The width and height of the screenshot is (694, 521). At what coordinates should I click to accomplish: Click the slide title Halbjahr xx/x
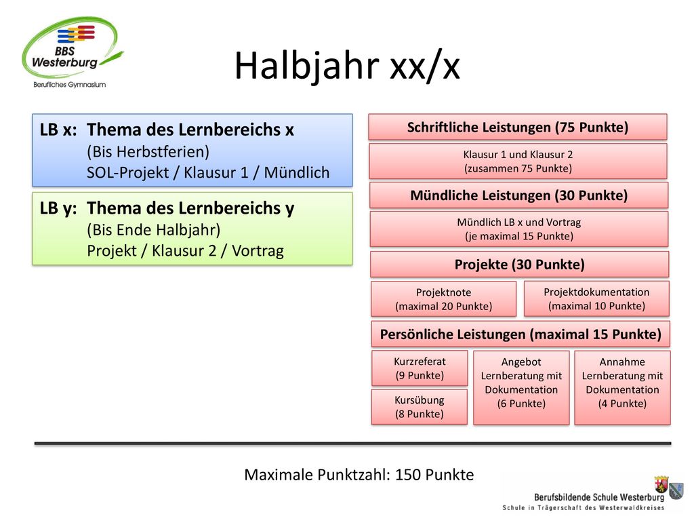(347, 66)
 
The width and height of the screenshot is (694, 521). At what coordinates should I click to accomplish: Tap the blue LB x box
(192, 150)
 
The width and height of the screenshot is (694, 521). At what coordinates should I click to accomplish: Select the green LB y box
(192, 229)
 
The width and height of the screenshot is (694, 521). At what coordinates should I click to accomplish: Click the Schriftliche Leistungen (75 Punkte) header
(518, 127)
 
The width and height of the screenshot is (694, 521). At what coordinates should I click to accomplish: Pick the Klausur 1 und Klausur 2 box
(518, 161)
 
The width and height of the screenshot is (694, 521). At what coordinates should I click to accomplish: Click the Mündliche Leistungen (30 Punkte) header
(518, 195)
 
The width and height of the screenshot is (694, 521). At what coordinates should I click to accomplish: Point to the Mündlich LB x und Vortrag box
(518, 229)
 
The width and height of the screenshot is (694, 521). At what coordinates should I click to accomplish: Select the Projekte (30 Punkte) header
(520, 265)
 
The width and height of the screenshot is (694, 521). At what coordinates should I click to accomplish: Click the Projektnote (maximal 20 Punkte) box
(443, 299)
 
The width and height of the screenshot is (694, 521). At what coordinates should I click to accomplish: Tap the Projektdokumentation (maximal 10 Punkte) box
(596, 298)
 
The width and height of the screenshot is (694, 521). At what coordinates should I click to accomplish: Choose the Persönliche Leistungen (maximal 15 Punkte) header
(520, 334)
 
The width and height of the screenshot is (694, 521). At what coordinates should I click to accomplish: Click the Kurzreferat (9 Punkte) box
(420, 368)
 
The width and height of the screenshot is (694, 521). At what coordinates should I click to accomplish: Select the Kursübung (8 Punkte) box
(420, 407)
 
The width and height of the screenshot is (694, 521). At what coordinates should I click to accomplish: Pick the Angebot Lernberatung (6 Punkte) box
(521, 387)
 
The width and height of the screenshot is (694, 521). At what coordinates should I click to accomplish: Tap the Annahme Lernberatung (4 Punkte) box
(622, 387)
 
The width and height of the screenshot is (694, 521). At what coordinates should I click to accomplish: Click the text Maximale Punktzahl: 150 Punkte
(359, 475)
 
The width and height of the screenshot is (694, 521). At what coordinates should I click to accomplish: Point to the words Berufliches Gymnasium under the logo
(70, 85)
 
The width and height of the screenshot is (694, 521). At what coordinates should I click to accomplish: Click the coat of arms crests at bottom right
(669, 486)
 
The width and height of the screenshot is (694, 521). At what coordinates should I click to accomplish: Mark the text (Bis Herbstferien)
(148, 151)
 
